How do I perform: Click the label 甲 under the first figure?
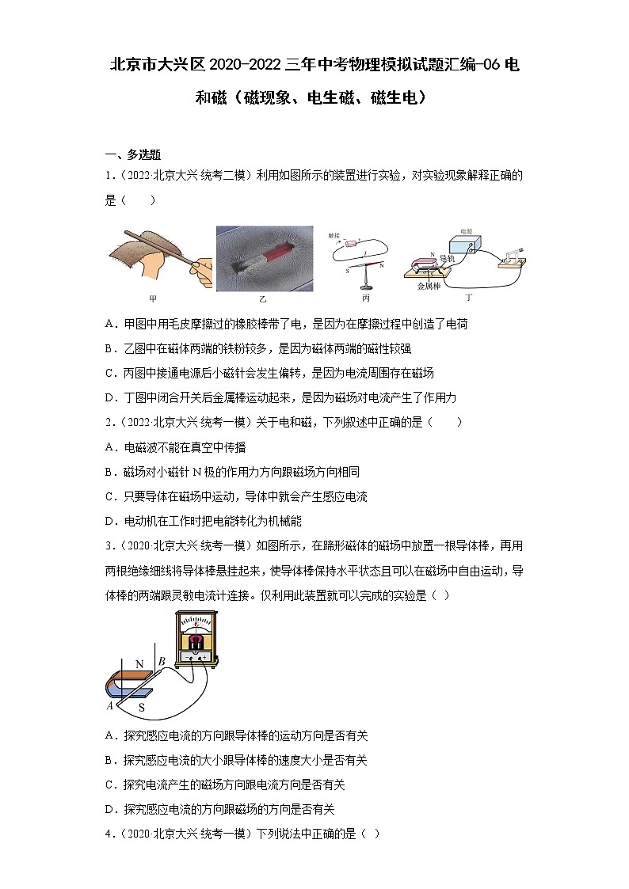(153, 298)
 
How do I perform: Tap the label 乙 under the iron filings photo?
(262, 299)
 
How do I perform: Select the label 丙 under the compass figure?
(365, 298)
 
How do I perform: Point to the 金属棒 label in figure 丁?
(430, 287)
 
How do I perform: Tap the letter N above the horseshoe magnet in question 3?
(139, 663)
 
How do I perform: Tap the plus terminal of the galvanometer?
(204, 657)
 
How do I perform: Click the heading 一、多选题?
(133, 154)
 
